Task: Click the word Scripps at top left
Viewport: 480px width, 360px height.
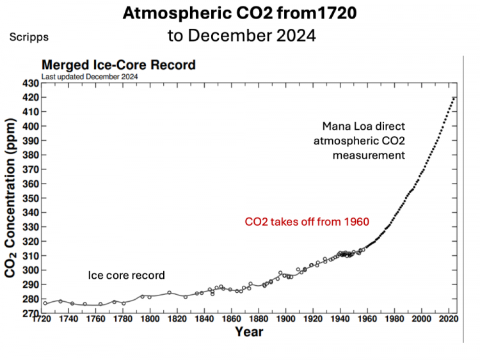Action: (29, 37)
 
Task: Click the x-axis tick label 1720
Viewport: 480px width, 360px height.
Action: (42, 319)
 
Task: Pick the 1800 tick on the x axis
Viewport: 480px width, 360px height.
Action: (150, 319)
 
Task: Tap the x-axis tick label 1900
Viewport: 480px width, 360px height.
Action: (285, 319)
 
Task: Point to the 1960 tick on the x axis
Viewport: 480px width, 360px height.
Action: (367, 319)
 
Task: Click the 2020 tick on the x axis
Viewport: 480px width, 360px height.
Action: (447, 319)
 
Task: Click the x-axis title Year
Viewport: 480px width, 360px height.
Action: (248, 332)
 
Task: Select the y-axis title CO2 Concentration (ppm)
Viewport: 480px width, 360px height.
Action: (11, 198)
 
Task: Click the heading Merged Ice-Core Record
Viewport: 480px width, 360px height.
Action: (118, 65)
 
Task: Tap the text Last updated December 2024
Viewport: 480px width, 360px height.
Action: (90, 77)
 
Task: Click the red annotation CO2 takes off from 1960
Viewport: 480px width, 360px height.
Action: (308, 222)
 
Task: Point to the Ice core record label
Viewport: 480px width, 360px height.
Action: (126, 275)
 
